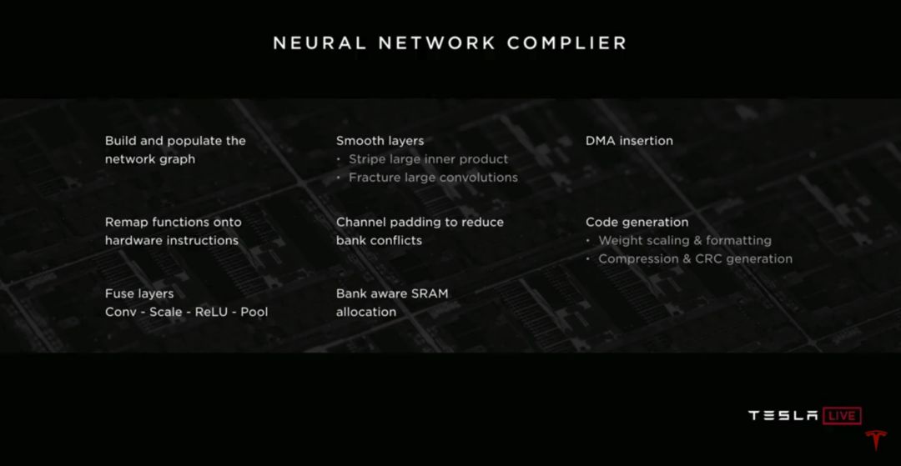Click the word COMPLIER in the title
(566, 43)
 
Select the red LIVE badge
(842, 415)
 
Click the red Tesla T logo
(876, 439)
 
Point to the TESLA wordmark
(783, 415)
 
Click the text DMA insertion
(629, 141)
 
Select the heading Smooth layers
(380, 141)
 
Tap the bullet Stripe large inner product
(428, 159)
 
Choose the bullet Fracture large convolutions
(433, 178)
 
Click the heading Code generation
(637, 222)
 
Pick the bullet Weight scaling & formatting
(685, 240)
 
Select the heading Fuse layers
(139, 293)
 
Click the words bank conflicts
(379, 240)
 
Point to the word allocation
(366, 312)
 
